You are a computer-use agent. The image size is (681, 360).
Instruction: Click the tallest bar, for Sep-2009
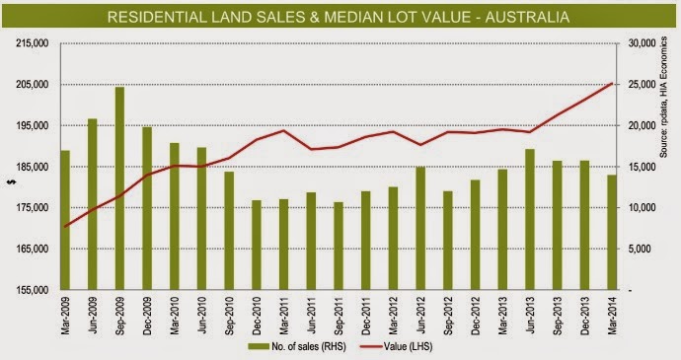(119, 188)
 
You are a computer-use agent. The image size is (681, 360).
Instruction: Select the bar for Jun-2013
(529, 219)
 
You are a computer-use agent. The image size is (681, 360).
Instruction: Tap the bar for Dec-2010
(257, 245)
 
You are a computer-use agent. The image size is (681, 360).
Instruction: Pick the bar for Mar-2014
(612, 233)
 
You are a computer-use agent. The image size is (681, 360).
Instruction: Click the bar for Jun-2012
(420, 228)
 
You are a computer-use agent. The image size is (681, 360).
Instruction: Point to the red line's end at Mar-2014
(612, 83)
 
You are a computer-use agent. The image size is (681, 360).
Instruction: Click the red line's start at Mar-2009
(65, 227)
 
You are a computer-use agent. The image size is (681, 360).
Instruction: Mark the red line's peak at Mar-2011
(283, 130)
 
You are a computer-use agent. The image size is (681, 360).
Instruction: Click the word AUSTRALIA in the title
(527, 17)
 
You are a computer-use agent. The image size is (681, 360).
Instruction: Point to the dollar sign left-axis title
(11, 181)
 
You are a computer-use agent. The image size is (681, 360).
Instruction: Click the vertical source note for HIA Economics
(663, 97)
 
